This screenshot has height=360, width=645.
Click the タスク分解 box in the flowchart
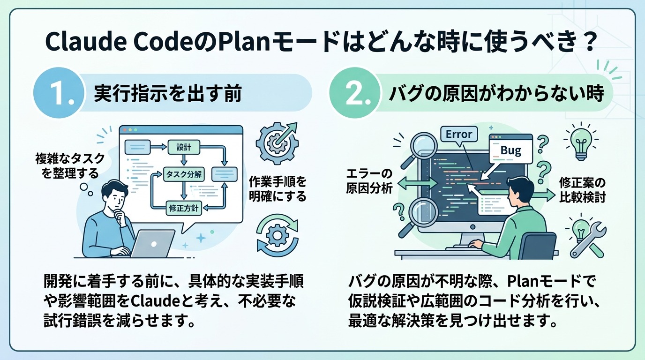183,175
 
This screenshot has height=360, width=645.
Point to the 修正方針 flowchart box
184,207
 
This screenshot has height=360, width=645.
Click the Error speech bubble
459,134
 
